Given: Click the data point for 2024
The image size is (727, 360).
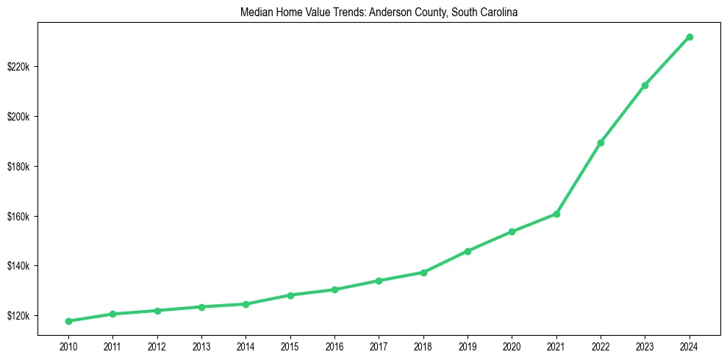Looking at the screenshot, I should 690,37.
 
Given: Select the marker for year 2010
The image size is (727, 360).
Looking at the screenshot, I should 68,321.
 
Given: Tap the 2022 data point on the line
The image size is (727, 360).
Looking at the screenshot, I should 601,143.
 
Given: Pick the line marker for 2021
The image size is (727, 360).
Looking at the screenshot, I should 556,214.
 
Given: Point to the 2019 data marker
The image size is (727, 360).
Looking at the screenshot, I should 468,251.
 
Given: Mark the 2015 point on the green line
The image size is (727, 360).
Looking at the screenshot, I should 290,295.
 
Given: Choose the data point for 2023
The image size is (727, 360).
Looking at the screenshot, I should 645,85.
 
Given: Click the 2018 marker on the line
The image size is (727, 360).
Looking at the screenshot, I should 423,273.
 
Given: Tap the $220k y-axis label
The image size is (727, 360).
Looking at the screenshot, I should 18,67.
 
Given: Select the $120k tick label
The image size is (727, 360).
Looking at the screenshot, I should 18,316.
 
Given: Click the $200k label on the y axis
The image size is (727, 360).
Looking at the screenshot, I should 18,117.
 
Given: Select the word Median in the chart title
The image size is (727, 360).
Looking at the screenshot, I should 255,12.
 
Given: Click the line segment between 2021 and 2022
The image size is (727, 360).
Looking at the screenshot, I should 579,179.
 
